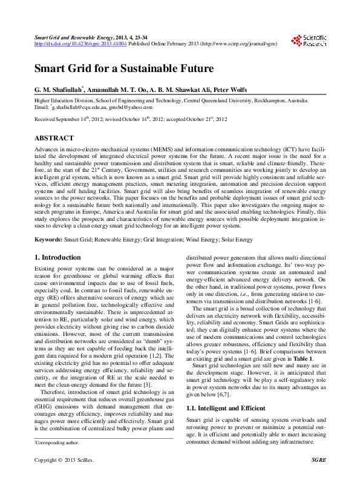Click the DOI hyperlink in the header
point(75,44)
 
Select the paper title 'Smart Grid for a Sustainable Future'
point(124,68)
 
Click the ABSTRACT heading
point(54,139)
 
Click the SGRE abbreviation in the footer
point(319,477)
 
